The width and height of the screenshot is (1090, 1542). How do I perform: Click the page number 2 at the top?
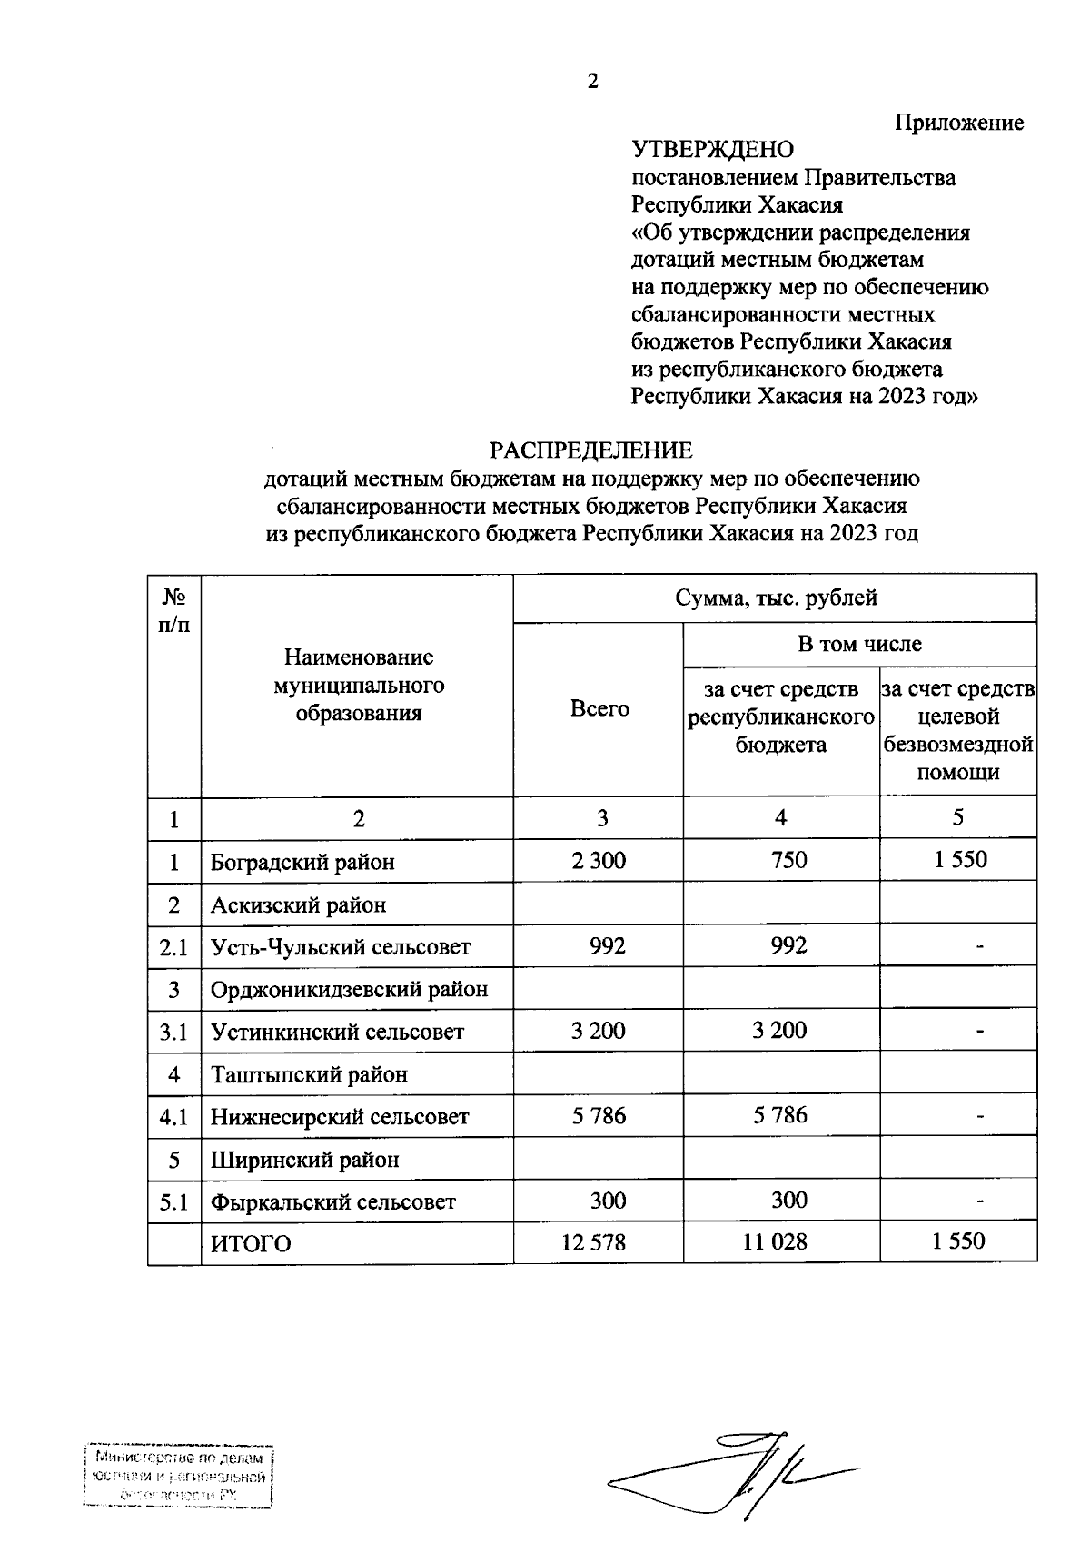pos(593,82)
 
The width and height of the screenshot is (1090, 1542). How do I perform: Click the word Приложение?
pos(959,123)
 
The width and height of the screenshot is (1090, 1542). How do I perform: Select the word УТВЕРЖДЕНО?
pos(712,150)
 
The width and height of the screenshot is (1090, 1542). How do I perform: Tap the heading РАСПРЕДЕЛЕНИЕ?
pos(591,450)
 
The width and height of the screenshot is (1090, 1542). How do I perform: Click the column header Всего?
pos(599,708)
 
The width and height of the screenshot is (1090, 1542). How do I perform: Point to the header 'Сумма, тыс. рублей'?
pos(776,598)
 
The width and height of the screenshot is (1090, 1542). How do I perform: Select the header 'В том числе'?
pos(859,644)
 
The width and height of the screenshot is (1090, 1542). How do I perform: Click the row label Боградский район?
pos(302,861)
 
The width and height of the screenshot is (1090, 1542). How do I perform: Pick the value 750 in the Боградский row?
pos(788,859)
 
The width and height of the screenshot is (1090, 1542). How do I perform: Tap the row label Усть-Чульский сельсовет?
pos(341,947)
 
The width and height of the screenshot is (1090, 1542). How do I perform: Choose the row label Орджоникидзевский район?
pos(349,989)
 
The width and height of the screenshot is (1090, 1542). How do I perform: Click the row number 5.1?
pos(173,1201)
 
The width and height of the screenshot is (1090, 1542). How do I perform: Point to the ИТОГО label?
pos(251,1243)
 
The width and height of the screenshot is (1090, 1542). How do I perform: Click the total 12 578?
pos(593,1241)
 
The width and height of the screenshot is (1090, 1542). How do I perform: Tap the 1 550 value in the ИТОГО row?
pos(958,1241)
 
